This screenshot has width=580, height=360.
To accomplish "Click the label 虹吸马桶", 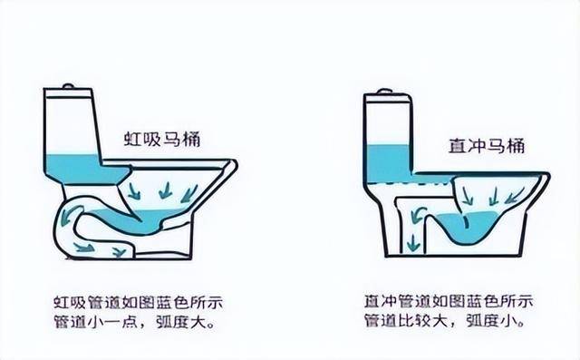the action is (x=162, y=139).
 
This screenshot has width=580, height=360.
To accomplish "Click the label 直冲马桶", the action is (x=487, y=146).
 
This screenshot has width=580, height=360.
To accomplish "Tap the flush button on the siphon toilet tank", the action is (x=69, y=86).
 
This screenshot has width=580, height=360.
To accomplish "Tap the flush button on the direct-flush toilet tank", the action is (x=384, y=91).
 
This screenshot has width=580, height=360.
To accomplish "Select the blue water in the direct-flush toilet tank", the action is (x=389, y=163).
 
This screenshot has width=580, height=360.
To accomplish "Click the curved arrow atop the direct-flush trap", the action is (x=418, y=214).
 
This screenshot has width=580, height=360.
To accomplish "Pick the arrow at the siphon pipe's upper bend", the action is (x=69, y=215).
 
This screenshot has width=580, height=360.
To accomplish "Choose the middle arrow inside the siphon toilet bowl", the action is (x=165, y=190).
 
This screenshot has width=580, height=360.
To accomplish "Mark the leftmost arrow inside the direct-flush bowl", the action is (x=468, y=196).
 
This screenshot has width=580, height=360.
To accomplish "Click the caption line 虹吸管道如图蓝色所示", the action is (x=139, y=303).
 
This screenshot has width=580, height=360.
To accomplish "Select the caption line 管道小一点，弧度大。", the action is (x=135, y=321).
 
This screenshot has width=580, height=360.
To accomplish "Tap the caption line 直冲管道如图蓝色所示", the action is (x=449, y=301).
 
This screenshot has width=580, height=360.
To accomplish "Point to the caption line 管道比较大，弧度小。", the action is (x=445, y=320).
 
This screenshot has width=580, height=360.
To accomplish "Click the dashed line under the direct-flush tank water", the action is (x=410, y=183).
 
